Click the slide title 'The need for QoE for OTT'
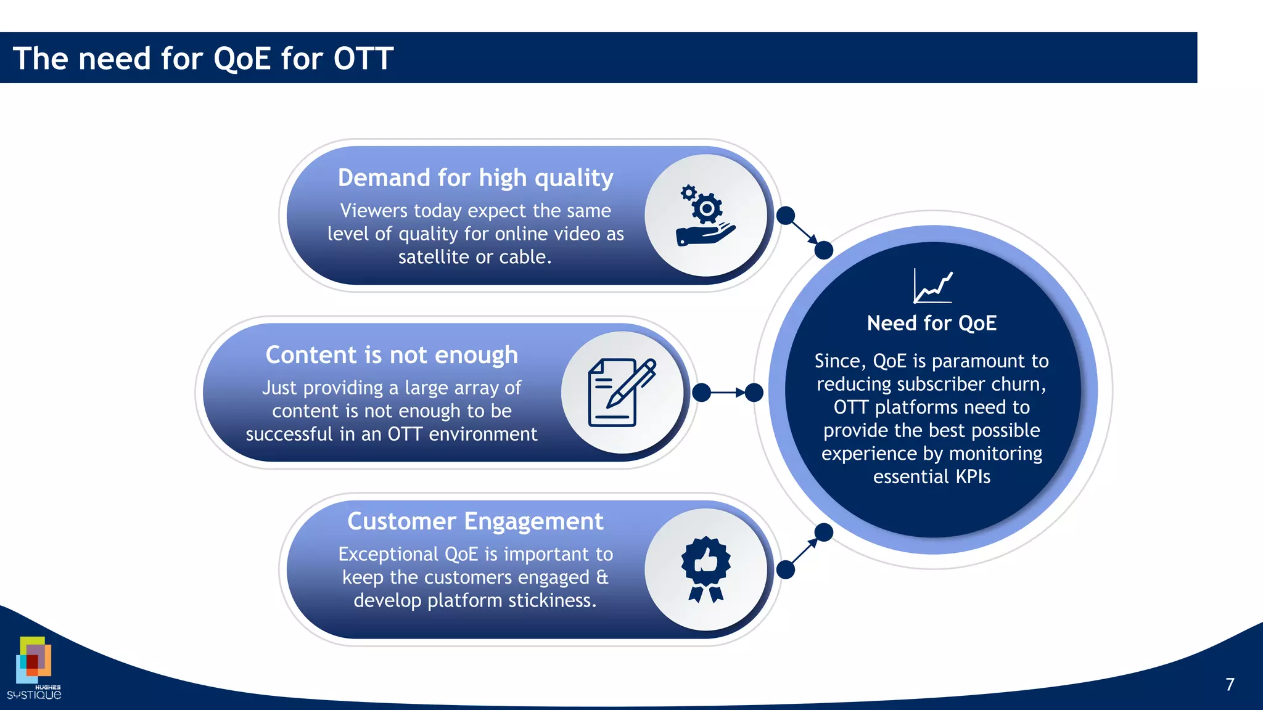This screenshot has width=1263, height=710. [203, 59]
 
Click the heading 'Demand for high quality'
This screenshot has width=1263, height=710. [475, 178]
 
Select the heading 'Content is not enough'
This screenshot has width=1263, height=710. [392, 355]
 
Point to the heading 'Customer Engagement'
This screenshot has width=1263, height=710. [475, 521]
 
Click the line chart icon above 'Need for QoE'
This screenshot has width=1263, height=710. [932, 287]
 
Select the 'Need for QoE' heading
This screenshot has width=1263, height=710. [931, 323]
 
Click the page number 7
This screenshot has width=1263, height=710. [1230, 685]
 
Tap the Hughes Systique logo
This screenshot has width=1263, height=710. [34, 669]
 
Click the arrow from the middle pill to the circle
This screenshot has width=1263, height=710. [728, 393]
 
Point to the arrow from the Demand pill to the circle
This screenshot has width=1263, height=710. [805, 233]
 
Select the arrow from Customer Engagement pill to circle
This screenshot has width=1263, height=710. [805, 550]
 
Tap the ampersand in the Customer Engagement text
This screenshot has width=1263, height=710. [602, 577]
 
